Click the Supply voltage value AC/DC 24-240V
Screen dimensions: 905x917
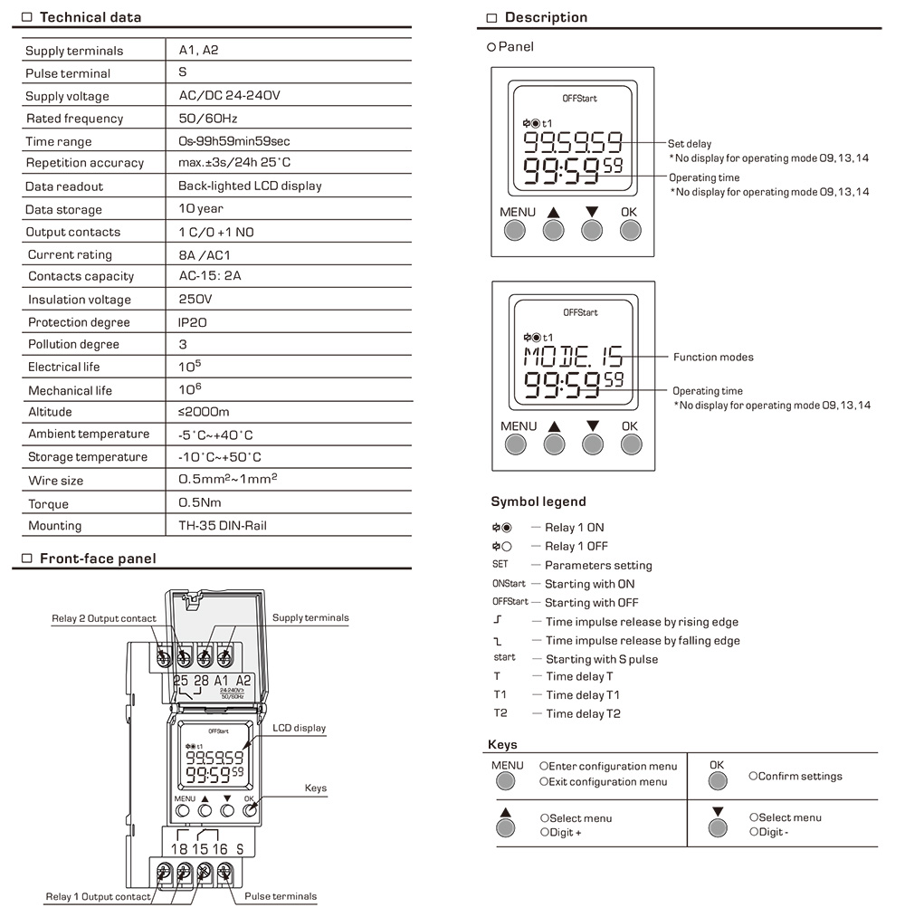coord(229,95)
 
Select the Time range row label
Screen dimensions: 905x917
coord(59,141)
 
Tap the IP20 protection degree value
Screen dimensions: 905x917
coord(193,322)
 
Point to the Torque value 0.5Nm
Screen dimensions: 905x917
coord(200,502)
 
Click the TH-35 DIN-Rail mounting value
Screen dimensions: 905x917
coord(223,525)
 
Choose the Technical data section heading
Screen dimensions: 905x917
coord(90,17)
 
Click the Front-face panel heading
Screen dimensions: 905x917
coord(98,559)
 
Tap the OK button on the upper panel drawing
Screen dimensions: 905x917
coord(630,231)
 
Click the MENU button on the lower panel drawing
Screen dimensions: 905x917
coord(516,444)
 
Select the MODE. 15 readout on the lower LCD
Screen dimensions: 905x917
coord(574,356)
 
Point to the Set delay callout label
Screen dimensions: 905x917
coord(690,144)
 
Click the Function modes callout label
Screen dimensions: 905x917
coord(713,357)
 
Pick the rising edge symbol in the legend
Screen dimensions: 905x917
coord(498,619)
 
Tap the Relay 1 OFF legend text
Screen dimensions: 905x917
coord(576,546)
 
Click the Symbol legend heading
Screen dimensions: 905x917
coord(538,501)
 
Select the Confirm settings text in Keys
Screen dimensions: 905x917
coord(795,776)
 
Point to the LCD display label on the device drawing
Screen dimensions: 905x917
coord(300,728)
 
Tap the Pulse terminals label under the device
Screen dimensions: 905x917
coord(281,896)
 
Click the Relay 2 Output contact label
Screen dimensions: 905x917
coord(104,618)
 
